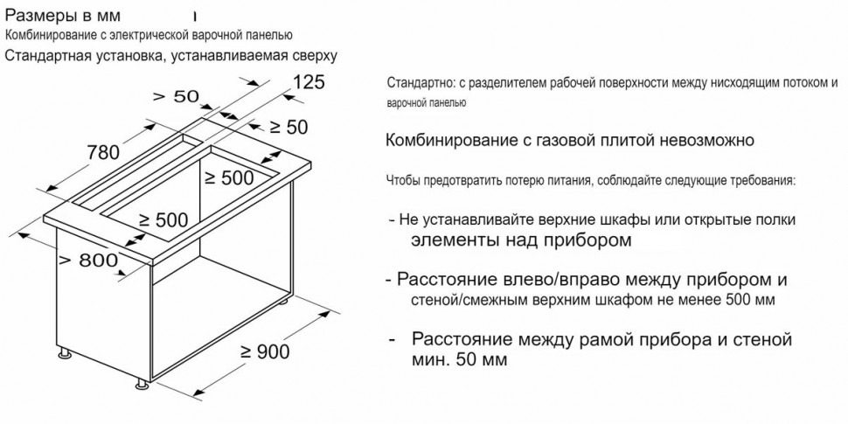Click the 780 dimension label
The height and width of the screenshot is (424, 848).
(103, 153)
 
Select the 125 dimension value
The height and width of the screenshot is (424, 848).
(305, 83)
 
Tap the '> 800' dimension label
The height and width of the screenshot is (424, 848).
(88, 261)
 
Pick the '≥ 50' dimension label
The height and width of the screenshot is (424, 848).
(285, 128)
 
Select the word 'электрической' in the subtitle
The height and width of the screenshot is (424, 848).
(124, 35)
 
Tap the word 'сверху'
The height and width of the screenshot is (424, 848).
(307, 56)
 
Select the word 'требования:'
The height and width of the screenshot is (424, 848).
(761, 180)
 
